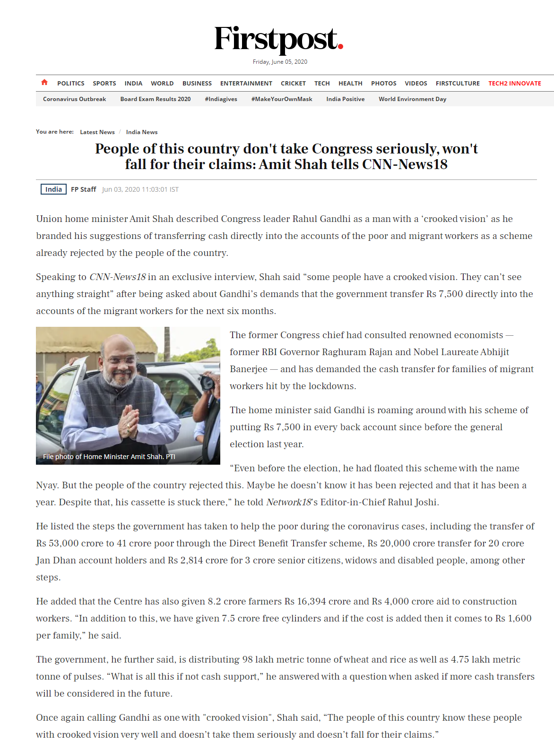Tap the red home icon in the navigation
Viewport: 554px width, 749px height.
[44, 83]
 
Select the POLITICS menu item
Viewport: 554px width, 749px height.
[71, 84]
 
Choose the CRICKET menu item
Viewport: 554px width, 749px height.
[293, 84]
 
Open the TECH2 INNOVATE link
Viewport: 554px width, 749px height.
[514, 84]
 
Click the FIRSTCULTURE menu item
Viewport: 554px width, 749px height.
[458, 84]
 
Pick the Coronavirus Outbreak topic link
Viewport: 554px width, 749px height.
[74, 99]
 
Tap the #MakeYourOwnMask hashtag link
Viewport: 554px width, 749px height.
[282, 99]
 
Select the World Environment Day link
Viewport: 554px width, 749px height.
[412, 99]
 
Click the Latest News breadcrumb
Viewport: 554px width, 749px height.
[97, 132]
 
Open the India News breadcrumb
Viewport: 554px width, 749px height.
[142, 132]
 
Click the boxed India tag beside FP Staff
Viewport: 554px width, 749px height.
[53, 189]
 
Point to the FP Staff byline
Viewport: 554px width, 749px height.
[84, 189]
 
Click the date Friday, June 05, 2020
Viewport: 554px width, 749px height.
[280, 62]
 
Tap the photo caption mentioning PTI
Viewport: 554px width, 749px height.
[109, 457]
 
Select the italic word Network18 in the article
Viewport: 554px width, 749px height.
[288, 502]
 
